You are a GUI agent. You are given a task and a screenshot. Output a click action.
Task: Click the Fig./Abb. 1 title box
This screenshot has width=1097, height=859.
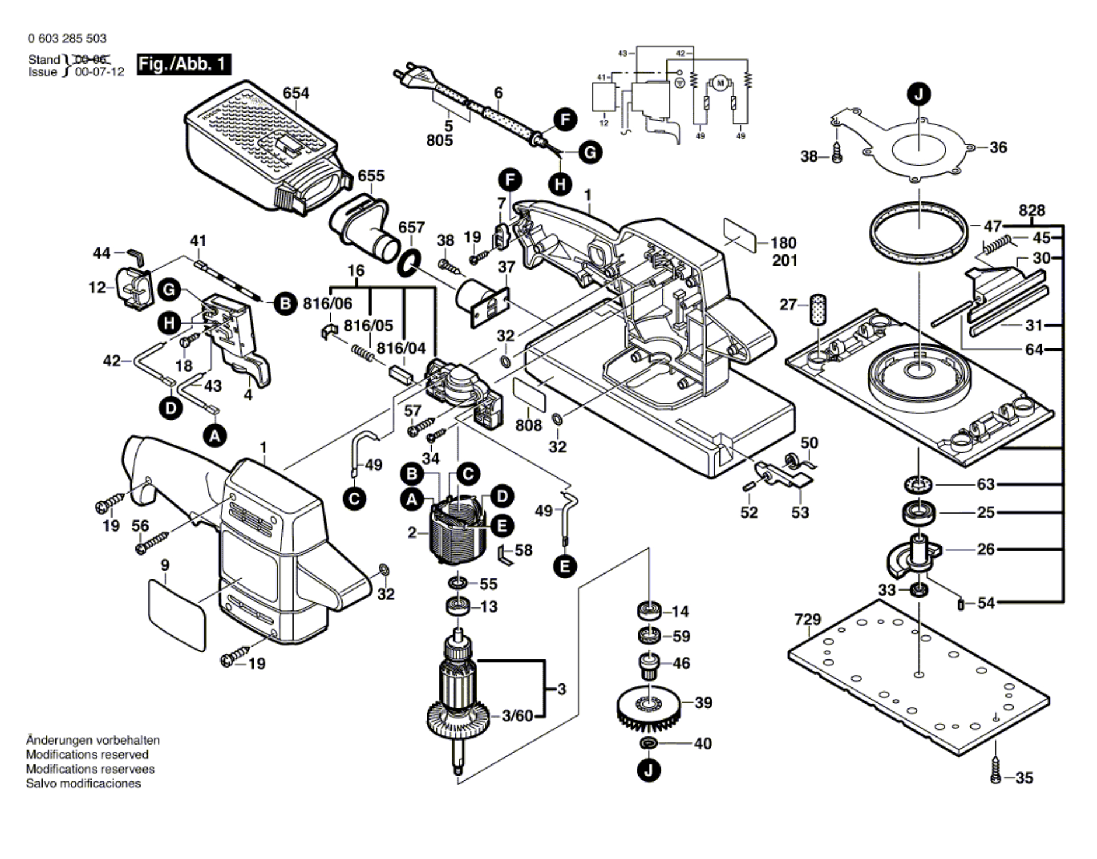coord(183,64)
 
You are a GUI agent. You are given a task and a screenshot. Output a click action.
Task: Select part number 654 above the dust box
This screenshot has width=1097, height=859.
coord(296,93)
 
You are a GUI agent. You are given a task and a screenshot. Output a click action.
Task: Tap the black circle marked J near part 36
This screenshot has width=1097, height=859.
coord(919,94)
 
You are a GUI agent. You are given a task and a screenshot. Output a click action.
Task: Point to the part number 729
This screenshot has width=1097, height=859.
coord(808,619)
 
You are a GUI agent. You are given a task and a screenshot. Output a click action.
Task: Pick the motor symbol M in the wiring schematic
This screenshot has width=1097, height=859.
coord(720,83)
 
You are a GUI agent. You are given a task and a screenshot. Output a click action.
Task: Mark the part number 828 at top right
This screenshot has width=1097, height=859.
coord(1032,211)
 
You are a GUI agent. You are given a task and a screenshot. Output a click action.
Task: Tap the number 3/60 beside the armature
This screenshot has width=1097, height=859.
coord(518,715)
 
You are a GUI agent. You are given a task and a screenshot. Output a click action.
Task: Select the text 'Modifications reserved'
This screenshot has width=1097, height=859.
coord(88,755)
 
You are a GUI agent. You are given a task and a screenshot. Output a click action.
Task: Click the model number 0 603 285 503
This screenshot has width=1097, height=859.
coord(67,39)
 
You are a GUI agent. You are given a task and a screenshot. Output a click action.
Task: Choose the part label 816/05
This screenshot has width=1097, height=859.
coord(368,325)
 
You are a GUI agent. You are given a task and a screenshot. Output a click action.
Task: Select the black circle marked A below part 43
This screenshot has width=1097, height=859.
coord(215,435)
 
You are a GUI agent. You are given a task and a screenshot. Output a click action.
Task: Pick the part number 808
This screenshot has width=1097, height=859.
coord(529,425)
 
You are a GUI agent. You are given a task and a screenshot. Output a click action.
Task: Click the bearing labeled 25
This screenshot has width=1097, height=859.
coord(919,513)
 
